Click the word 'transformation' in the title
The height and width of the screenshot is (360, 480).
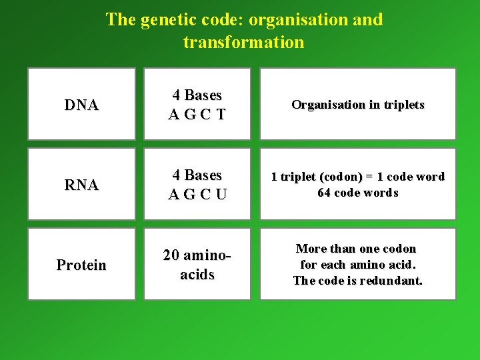click(x=243, y=43)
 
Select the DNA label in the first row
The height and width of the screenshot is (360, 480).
click(x=81, y=105)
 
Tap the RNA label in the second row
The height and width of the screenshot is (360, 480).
click(x=81, y=185)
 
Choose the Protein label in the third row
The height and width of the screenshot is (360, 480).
click(x=81, y=265)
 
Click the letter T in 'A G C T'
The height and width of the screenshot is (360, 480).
click(x=219, y=115)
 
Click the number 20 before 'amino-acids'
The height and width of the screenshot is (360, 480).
click(x=172, y=255)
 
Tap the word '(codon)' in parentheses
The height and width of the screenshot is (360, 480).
click(x=339, y=177)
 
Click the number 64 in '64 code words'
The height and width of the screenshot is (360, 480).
click(x=325, y=193)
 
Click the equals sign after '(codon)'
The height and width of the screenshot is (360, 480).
click(x=369, y=177)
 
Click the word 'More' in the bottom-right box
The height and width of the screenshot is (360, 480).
click(x=311, y=249)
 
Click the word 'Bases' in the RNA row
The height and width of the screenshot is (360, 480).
click(x=204, y=175)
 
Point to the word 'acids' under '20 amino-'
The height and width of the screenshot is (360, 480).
click(x=197, y=274)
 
